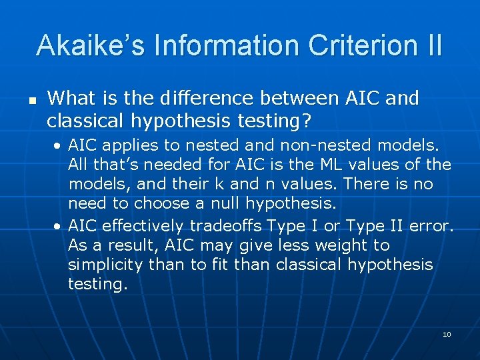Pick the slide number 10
click(447, 334)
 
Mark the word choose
click(161, 203)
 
